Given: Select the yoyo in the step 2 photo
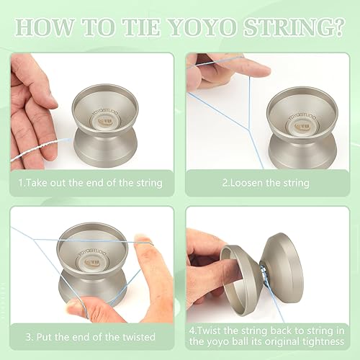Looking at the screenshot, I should click(x=302, y=126).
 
